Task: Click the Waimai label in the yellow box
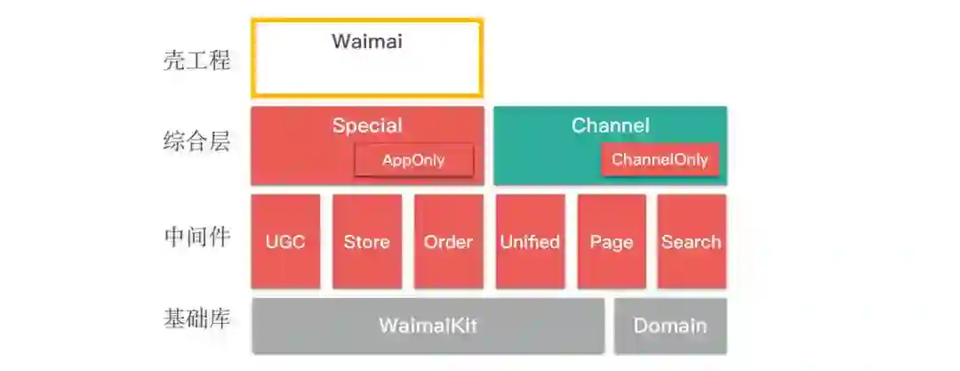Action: click(367, 42)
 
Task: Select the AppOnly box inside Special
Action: click(413, 160)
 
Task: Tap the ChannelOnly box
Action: click(660, 160)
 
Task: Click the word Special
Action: click(367, 125)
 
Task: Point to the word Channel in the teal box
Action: click(611, 125)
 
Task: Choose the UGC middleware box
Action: click(285, 242)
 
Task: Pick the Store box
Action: click(366, 242)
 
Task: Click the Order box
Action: click(448, 242)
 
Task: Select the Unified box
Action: click(530, 242)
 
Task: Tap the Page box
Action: click(612, 242)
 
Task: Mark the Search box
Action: click(692, 242)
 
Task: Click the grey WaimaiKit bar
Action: click(428, 326)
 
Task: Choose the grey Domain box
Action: click(670, 326)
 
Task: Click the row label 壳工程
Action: click(196, 60)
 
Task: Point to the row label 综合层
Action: click(196, 141)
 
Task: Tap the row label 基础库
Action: click(196, 318)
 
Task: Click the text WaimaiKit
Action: click(428, 326)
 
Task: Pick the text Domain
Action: click(670, 326)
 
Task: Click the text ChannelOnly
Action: click(660, 160)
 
